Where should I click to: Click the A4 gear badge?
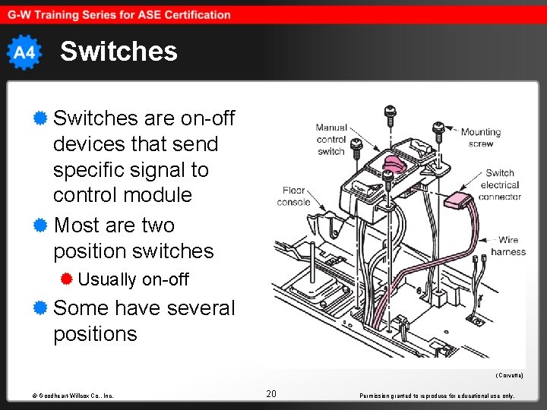pyautogui.click(x=24, y=52)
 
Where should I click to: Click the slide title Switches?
pyautogui.click(x=119, y=52)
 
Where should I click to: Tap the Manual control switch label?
pyautogui.click(x=331, y=140)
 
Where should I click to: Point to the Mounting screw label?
pyautogui.click(x=481, y=137)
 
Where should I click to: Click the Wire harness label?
pyautogui.click(x=507, y=246)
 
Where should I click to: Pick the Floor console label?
pyautogui.click(x=294, y=197)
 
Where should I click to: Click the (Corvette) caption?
pyautogui.click(x=509, y=376)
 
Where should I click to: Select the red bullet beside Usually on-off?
pyautogui.click(x=67, y=279)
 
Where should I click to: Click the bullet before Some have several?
pyautogui.click(x=41, y=307)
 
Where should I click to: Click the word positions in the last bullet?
pyautogui.click(x=95, y=334)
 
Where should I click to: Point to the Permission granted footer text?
pyautogui.click(x=436, y=396)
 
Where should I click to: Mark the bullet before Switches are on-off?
pyautogui.click(x=41, y=118)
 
